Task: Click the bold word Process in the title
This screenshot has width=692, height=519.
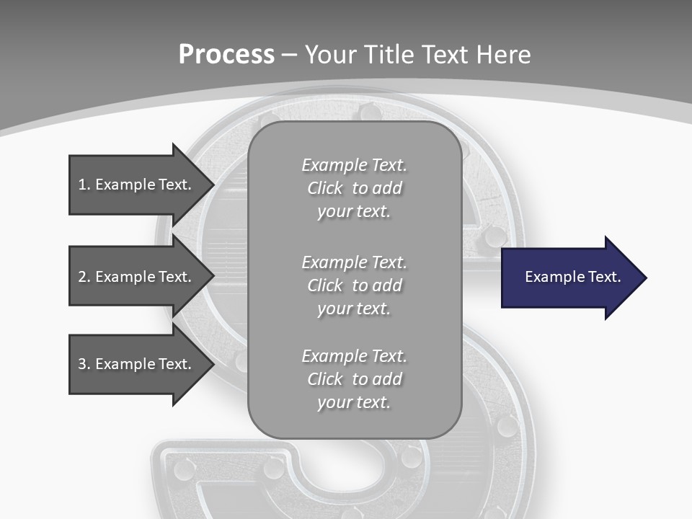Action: [226, 55]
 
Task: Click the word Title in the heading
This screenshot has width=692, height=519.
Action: [388, 55]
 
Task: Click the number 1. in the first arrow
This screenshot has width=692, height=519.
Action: [84, 185]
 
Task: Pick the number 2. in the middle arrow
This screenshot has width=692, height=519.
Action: [84, 277]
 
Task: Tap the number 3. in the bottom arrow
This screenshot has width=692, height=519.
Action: [84, 364]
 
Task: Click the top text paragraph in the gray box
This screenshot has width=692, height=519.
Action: [354, 188]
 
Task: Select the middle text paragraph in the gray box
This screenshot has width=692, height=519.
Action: [354, 285]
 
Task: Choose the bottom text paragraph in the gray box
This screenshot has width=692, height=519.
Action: [354, 379]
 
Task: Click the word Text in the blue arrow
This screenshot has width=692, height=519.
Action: [605, 277]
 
